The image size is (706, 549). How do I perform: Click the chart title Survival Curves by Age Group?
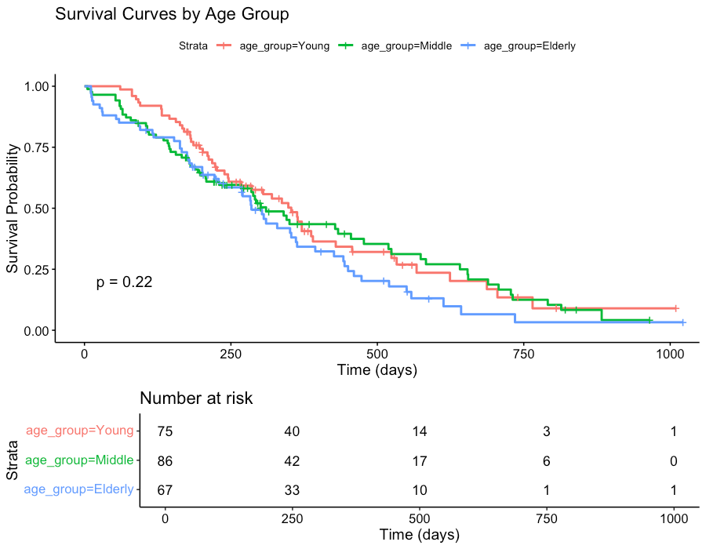coord(172,14)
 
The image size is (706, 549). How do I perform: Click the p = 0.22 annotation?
coord(124,282)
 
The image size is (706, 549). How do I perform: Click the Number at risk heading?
coord(196,398)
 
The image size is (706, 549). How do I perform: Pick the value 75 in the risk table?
coord(165,431)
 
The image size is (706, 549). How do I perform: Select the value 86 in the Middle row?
coord(165,461)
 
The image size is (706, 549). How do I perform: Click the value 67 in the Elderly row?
coord(165,491)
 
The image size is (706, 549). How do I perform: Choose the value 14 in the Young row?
coord(419,431)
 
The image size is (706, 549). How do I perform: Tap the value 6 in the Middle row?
coord(546,461)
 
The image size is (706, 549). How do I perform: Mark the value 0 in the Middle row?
coord(673,461)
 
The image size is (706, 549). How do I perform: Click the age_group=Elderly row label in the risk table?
coord(78,491)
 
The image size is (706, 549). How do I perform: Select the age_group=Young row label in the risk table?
coord(80,431)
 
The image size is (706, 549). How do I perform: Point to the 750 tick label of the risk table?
coord(546,519)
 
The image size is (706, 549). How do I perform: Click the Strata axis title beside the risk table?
coord(13,461)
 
